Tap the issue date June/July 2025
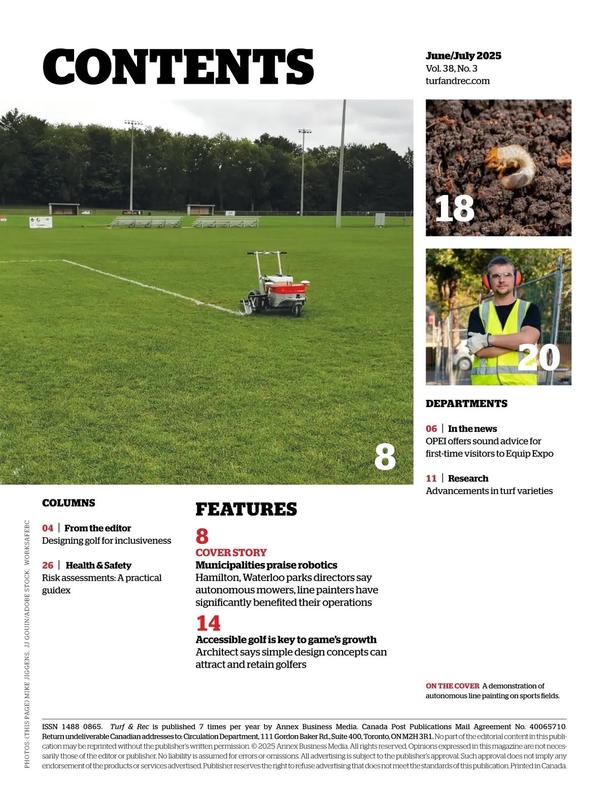click(463, 56)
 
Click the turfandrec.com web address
click(457, 81)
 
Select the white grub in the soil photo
click(511, 164)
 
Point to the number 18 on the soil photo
click(454, 209)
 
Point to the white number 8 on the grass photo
click(385, 457)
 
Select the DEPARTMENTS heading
click(466, 404)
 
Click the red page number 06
click(431, 429)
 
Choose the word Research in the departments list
click(468, 478)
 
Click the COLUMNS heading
click(69, 503)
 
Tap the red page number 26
click(48, 565)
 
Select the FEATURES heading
click(246, 509)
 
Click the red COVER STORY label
click(231, 552)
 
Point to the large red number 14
click(208, 623)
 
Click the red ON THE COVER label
click(452, 686)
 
